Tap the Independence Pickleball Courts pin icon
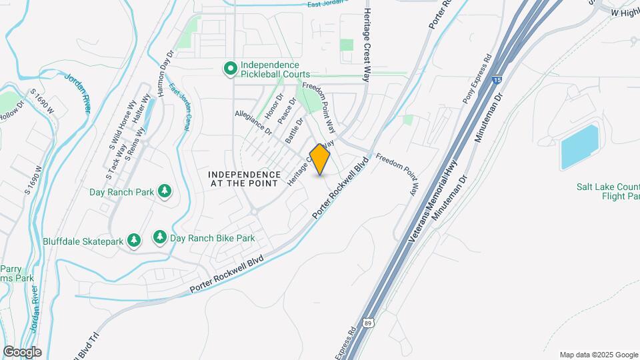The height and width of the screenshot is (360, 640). pos(230,68)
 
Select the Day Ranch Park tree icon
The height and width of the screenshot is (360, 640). pos(164,192)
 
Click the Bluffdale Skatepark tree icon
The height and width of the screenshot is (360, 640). pos(134,240)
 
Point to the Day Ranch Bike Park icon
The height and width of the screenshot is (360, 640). pos(159,237)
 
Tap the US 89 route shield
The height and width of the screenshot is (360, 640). pos(368,323)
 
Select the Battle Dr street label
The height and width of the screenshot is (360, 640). pos(294,130)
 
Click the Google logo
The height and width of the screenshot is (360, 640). pos(22,352)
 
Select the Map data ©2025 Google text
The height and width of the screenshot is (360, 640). pos(598,355)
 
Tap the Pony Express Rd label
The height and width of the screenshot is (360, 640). pos(477,79)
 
